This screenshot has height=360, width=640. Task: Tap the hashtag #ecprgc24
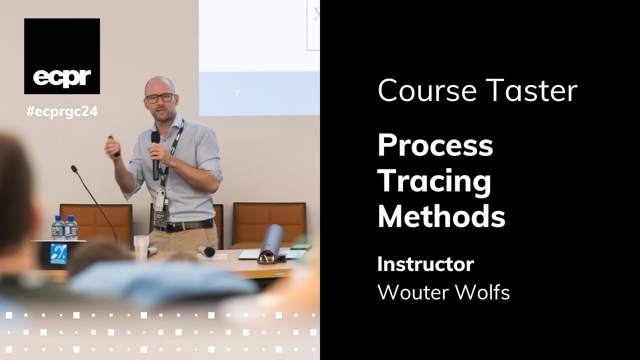62,112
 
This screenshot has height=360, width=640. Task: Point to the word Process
435,145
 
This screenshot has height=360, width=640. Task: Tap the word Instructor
425,264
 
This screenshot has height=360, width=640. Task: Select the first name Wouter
412,292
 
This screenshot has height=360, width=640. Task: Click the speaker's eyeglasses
159,97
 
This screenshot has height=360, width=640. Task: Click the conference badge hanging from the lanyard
159,199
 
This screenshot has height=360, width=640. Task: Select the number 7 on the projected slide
237,93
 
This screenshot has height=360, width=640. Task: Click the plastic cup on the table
141,246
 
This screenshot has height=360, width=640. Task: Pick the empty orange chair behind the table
268,223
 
